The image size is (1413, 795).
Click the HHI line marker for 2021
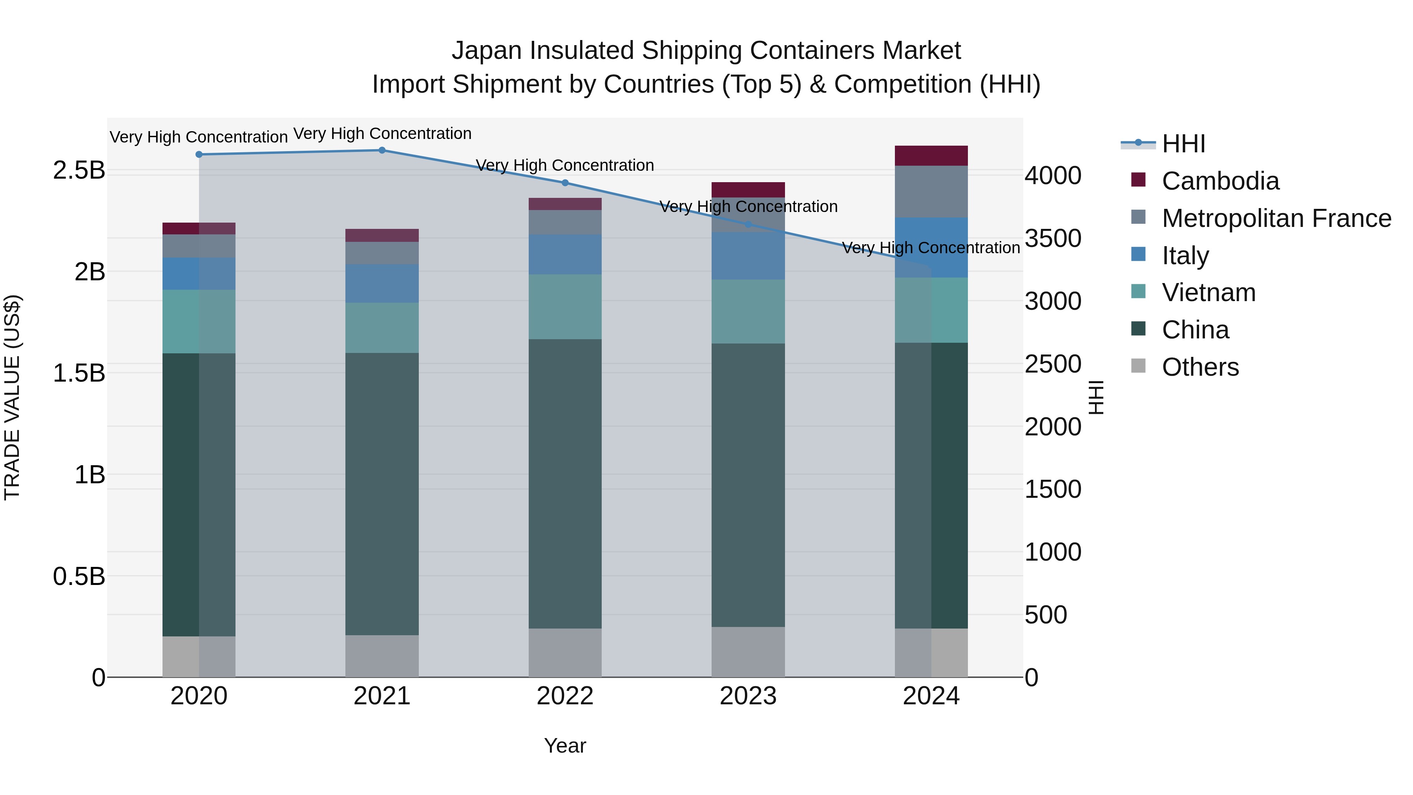[x=382, y=150]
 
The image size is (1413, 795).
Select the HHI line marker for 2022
[x=565, y=183]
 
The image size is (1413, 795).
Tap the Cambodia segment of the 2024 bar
[x=931, y=156]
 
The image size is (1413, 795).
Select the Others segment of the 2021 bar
[x=382, y=656]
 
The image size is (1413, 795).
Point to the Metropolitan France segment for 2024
[x=931, y=192]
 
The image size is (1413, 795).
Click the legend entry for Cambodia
[x=1220, y=181]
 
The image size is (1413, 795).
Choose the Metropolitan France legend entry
[x=1276, y=218]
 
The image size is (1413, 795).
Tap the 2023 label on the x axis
[x=748, y=696]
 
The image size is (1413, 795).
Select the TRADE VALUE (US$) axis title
[x=12, y=397]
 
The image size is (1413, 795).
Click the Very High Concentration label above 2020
[x=199, y=137]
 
